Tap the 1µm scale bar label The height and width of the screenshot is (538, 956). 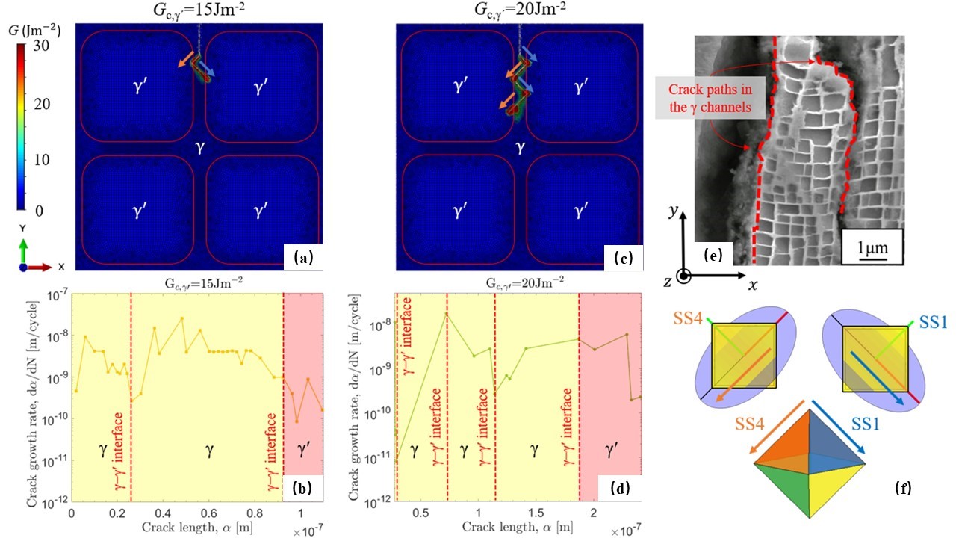[872, 246]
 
